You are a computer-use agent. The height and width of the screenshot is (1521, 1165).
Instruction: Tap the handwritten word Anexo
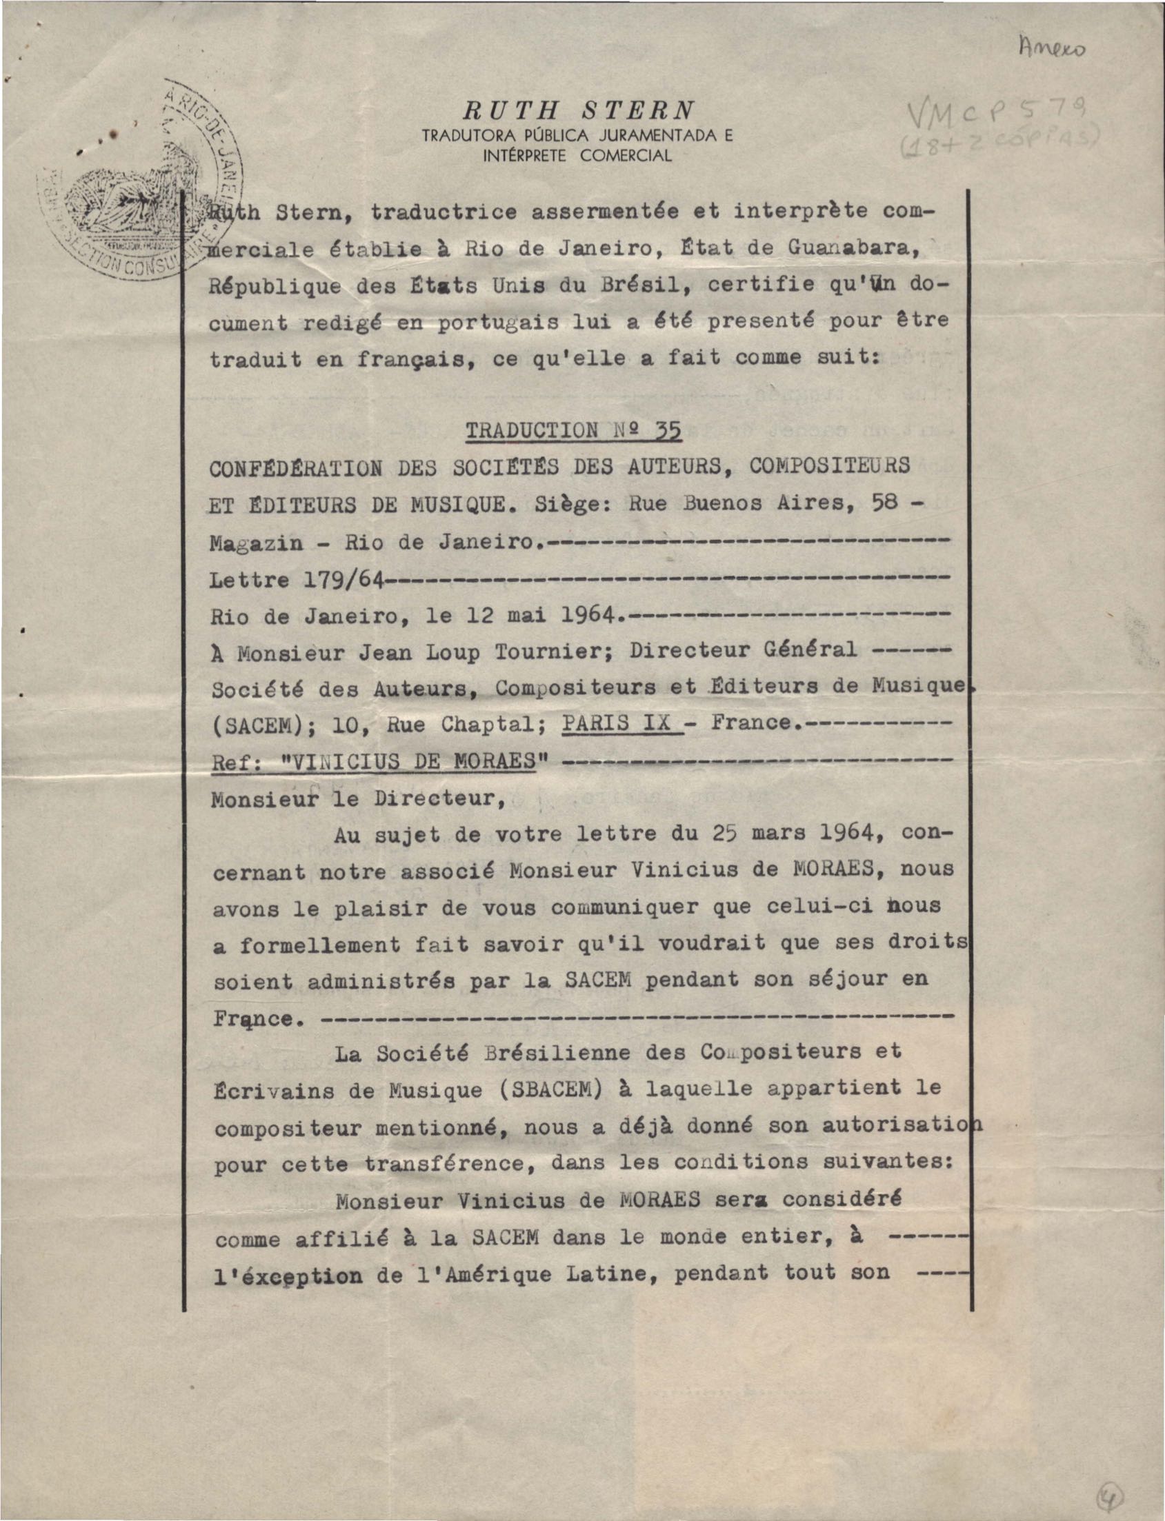click(1053, 48)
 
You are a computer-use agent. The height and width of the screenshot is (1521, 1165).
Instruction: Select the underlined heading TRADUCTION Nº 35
click(573, 430)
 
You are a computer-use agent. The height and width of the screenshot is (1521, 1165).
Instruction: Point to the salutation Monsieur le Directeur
click(358, 798)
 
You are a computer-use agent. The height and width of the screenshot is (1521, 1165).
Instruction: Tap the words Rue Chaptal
click(461, 724)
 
